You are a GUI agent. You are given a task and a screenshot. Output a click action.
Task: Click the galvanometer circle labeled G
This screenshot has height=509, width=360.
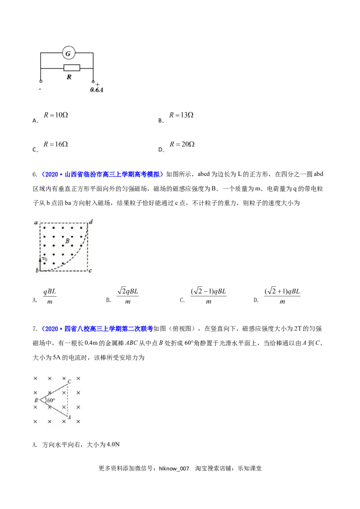pos(68,54)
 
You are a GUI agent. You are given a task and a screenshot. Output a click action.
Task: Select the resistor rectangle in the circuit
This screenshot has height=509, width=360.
pos(72,68)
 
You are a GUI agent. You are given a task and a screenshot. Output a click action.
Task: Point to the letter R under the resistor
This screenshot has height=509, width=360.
pos(69,77)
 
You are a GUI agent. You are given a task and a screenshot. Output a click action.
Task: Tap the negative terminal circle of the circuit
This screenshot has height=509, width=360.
pos(41,82)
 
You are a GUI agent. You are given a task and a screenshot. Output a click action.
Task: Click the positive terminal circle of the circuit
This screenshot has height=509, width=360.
pos(94,82)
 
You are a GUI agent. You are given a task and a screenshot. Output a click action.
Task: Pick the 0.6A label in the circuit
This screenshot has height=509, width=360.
pos(96,90)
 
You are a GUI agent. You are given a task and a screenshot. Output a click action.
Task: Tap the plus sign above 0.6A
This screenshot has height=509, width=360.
pos(98,85)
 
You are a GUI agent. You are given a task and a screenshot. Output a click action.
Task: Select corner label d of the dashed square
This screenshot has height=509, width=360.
pos(91,221)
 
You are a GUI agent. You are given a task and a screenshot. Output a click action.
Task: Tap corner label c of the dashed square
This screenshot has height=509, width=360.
pos(90,271)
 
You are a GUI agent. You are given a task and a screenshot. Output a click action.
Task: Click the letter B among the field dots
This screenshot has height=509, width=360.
pos(67,241)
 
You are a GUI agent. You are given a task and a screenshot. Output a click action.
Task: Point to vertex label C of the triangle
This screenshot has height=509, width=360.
pos(69,381)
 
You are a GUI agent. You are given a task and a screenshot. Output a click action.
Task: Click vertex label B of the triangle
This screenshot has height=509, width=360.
pos(36,400)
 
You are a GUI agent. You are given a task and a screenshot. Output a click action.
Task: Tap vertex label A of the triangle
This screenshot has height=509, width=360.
pos(69,418)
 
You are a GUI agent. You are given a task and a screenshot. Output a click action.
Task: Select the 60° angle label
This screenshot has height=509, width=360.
pos(51,400)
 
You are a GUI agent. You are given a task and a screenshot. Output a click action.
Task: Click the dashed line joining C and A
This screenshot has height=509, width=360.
pos(67,400)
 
